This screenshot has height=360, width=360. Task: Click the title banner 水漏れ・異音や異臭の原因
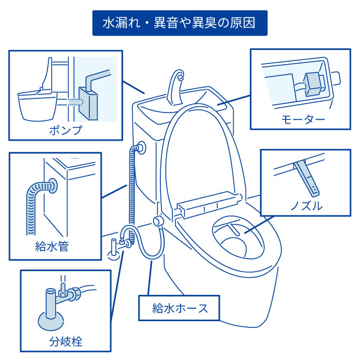point(179,24)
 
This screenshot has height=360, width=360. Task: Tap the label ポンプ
point(66,130)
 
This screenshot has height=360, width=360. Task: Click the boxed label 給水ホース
point(180,308)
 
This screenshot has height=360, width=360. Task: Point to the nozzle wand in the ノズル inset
point(307,174)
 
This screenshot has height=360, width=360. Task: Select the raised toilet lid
point(202,152)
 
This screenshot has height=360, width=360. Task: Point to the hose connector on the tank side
point(138,148)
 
